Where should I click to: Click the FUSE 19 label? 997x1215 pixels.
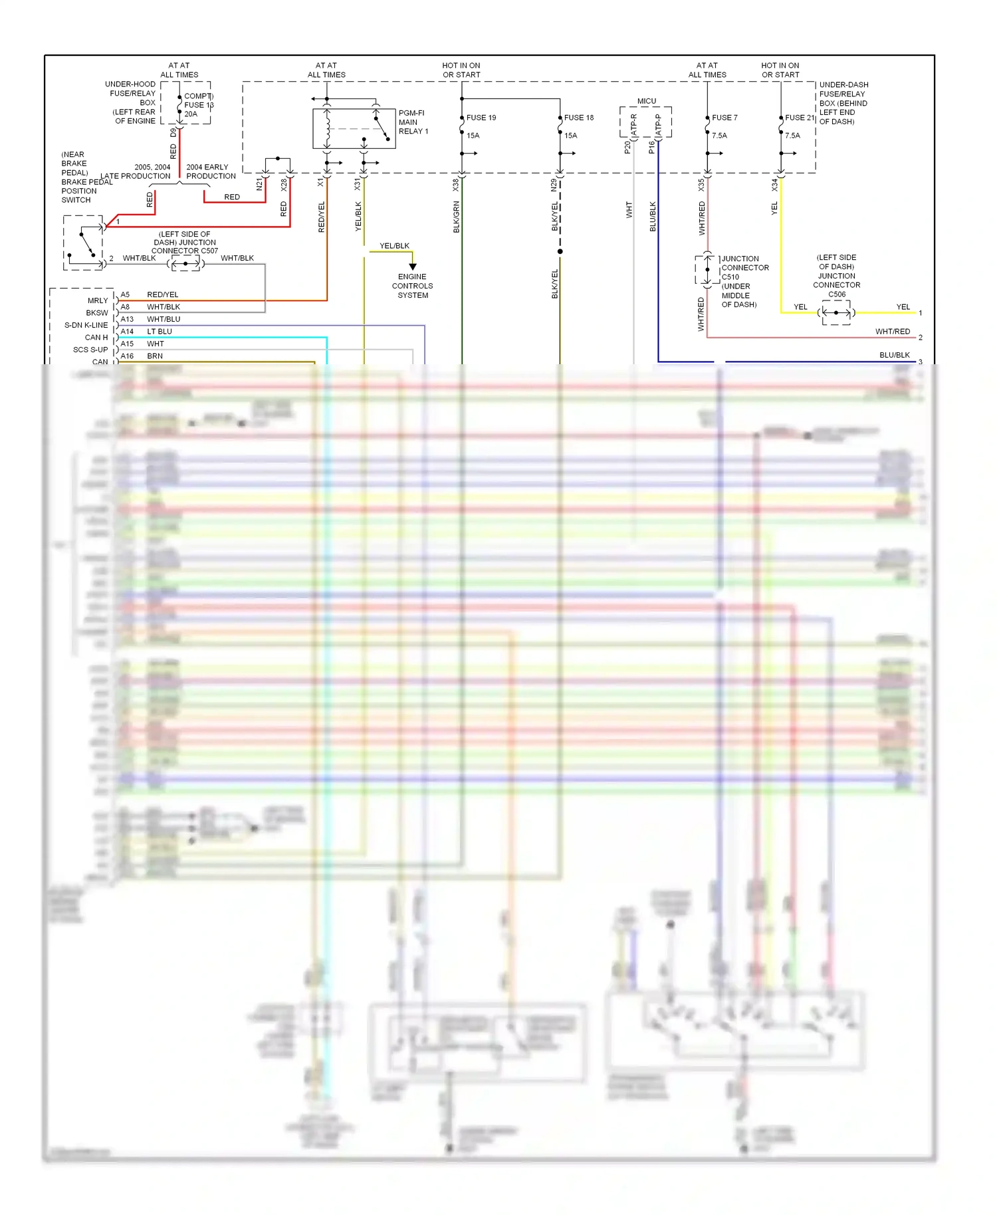pos(481,118)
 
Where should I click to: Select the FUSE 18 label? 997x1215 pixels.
pos(578,118)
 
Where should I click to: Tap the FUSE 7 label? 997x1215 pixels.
pos(724,118)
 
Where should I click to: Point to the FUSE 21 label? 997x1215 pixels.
pos(800,118)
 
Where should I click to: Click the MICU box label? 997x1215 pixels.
pos(646,101)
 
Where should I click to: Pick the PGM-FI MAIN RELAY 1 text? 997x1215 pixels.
pos(413,122)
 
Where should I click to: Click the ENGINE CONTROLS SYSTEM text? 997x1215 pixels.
pos(412,286)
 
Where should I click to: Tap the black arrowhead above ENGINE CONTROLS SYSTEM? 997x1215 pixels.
pos(413,267)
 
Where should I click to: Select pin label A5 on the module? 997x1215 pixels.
pos(125,294)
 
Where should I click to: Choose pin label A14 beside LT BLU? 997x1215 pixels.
pos(127,331)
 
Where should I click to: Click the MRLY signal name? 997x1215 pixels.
pos(98,300)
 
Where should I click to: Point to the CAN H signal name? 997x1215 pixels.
pos(96,337)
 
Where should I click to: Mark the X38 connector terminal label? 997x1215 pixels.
pos(456,185)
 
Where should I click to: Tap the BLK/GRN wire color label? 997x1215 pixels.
pos(457,217)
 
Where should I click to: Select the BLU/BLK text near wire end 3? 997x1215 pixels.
pos(894,355)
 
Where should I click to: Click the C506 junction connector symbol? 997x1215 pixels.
pos(836,312)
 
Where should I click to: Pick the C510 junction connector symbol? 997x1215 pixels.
pos(707,270)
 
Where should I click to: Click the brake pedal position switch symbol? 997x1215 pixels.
pos(84,243)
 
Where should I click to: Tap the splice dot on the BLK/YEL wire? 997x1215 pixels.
pos(560,251)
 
